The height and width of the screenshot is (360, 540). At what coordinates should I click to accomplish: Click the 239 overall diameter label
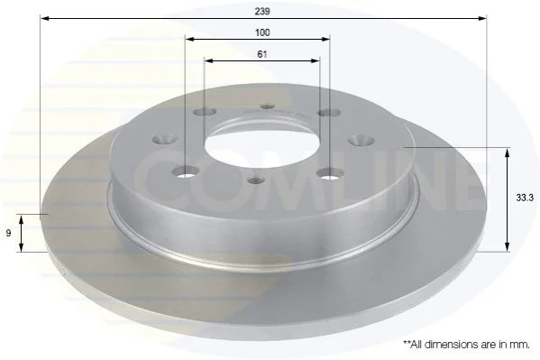[262, 11]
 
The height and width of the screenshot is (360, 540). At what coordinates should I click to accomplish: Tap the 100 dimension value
[262, 32]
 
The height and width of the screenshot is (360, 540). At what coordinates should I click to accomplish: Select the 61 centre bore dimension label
[262, 54]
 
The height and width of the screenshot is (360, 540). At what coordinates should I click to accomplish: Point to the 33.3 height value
[524, 198]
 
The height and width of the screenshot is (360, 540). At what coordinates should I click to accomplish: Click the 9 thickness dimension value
[9, 234]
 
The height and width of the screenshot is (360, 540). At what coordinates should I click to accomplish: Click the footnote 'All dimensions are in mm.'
[467, 344]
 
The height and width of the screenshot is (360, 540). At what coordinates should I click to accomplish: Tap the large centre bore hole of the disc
[262, 143]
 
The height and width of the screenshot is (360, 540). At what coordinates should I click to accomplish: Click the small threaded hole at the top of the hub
[268, 106]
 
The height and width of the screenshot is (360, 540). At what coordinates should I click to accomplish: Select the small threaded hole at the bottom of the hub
[255, 180]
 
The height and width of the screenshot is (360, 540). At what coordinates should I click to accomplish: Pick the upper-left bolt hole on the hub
[205, 112]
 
